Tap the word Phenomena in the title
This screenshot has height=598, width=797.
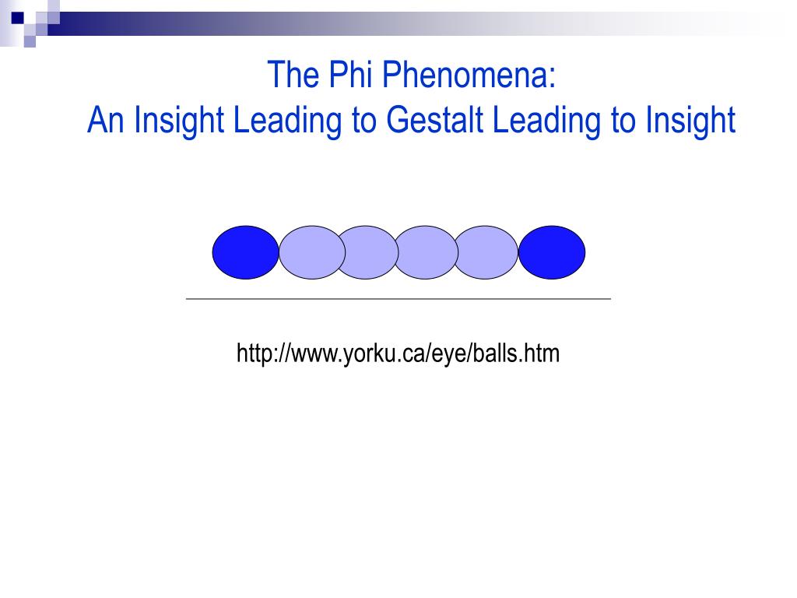pos(473,76)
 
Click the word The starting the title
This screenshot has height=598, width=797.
pos(290,76)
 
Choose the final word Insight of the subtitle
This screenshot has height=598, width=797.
pos(691,121)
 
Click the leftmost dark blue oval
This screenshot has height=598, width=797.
pos(244,252)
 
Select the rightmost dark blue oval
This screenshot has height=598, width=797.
pos(552,252)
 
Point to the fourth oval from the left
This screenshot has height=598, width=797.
pos(424,252)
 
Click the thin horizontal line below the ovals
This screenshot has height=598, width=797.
pos(398,298)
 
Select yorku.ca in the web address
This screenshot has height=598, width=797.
pos(372,354)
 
